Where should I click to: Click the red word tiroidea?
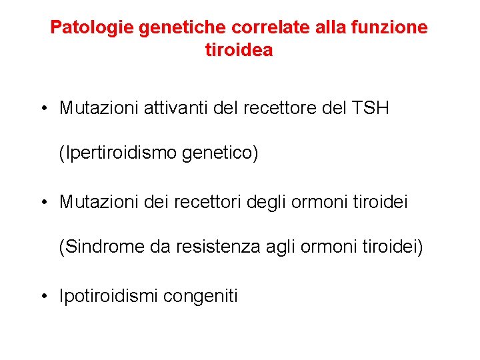pyautogui.click(x=239, y=50)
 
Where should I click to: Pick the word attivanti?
pyautogui.click(x=173, y=108)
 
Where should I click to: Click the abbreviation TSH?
pyautogui.click(x=370, y=108)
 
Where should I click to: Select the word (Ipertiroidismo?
pyautogui.click(x=117, y=153)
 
